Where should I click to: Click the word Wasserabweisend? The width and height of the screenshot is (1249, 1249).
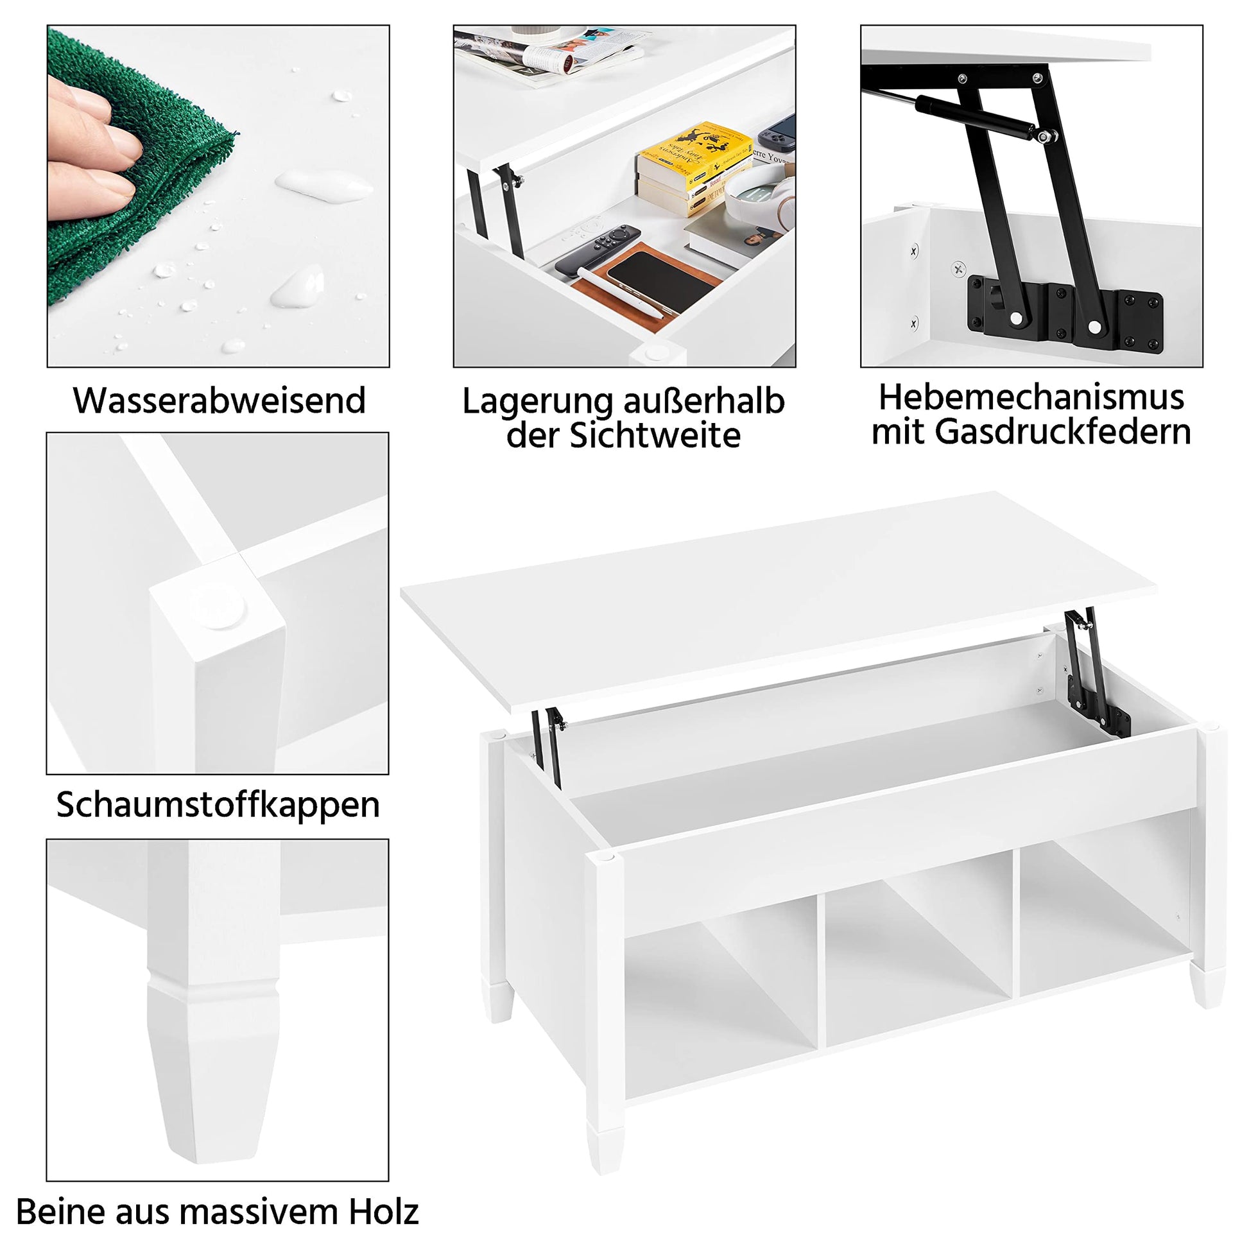(219, 401)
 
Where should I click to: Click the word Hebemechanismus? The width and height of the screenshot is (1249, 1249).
(1031, 397)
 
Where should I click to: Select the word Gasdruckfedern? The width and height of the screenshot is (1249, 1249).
(1063, 432)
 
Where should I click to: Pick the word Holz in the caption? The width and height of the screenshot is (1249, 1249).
(384, 1212)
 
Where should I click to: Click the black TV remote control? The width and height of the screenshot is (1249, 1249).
(598, 249)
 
